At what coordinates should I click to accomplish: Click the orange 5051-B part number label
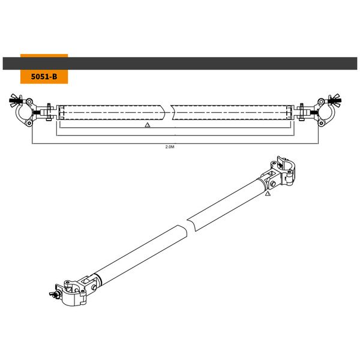(x=44, y=77)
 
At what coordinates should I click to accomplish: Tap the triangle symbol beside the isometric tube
(x=268, y=194)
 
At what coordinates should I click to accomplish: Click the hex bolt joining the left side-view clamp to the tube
(x=47, y=111)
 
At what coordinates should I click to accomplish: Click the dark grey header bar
(x=180, y=63)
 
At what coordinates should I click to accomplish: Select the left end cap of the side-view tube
(x=60, y=111)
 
